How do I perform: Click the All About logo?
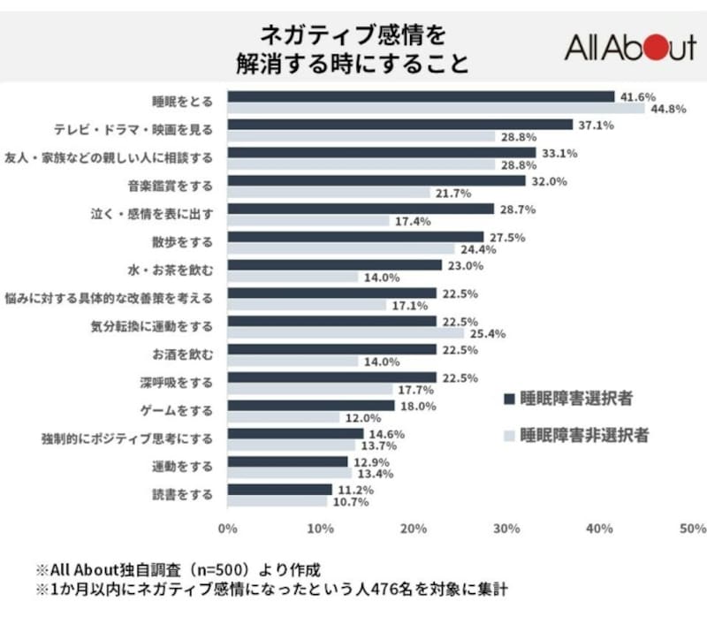[x=630, y=47]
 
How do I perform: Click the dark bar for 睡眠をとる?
[x=421, y=96]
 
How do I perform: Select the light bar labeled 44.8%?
[x=436, y=109]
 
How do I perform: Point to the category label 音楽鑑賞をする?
[x=171, y=187]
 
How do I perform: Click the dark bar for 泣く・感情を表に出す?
[x=361, y=209]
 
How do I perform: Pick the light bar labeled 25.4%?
[x=346, y=334]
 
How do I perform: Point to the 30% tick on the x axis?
[x=506, y=529]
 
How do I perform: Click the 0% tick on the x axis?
[x=227, y=529]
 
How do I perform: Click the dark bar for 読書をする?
[x=280, y=489]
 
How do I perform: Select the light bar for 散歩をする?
[x=340, y=250]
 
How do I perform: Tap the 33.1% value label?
[x=559, y=153]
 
